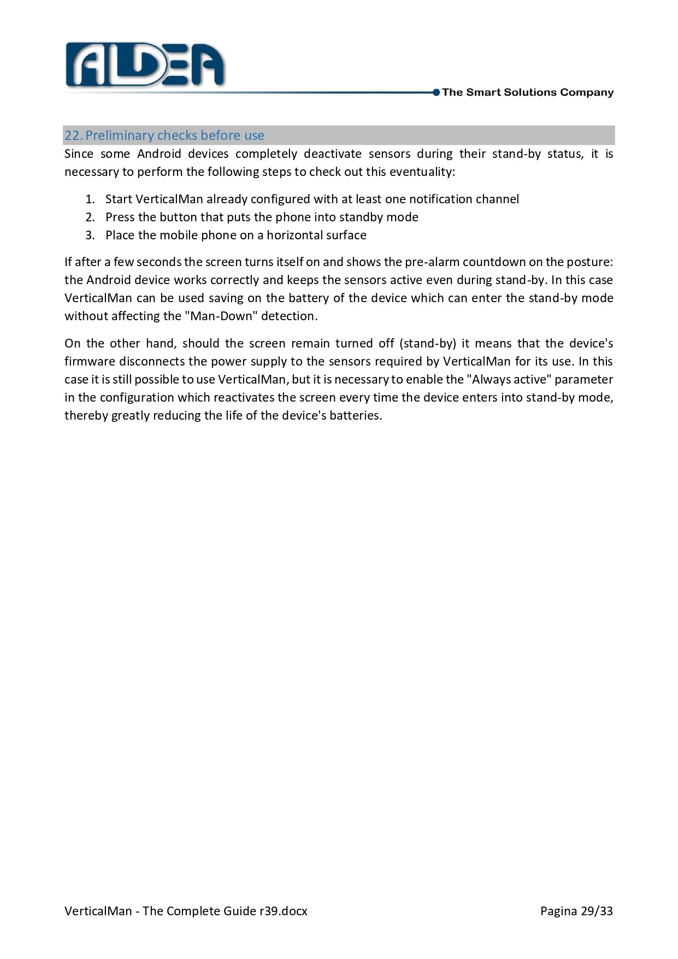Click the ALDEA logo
pyautogui.click(x=145, y=65)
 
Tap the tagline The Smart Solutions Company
pyautogui.click(x=527, y=92)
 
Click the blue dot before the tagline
pyautogui.click(x=436, y=92)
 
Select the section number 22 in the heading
pyautogui.click(x=72, y=136)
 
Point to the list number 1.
pyautogui.click(x=90, y=199)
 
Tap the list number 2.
pyautogui.click(x=90, y=217)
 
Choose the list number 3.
pyautogui.click(x=90, y=236)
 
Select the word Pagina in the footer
pyautogui.click(x=558, y=911)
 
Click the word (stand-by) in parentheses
pyautogui.click(x=427, y=344)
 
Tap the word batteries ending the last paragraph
pyautogui.click(x=355, y=416)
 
